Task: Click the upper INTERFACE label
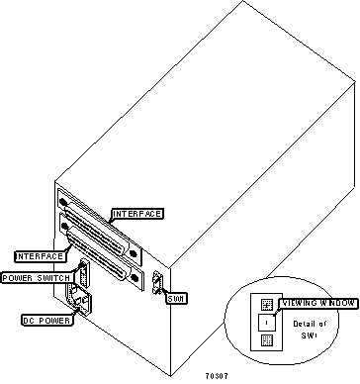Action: pyautogui.click(x=137, y=214)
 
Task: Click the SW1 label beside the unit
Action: pyautogui.click(x=177, y=298)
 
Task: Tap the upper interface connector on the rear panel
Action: pyautogui.click(x=99, y=214)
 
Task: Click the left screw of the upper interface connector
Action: pyautogui.click(x=66, y=197)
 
